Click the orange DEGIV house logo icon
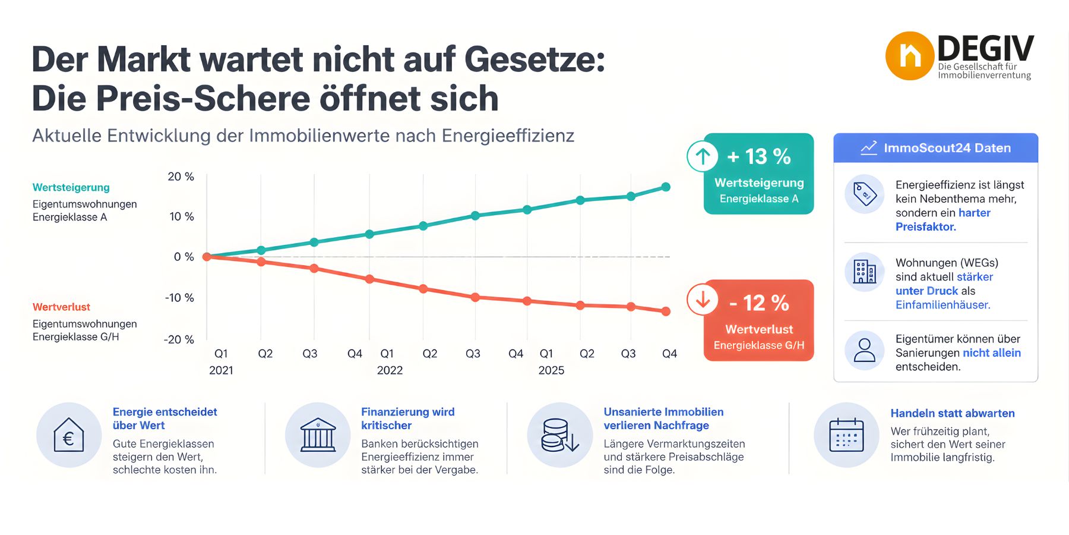pos(909,56)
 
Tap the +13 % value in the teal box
pos(758,157)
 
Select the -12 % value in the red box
pos(758,303)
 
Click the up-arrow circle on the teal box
pos(703,156)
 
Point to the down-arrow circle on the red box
pos(703,300)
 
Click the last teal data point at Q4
pos(666,187)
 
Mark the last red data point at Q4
pos(666,311)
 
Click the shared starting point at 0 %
pos(207,257)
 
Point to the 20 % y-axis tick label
pos(181,177)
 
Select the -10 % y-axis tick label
pos(179,297)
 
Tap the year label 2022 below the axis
pos(390,370)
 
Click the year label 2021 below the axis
pos(221,370)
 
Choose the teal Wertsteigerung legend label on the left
pos(71,187)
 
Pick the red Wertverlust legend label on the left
pos(61,307)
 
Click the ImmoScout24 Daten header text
pos(947,148)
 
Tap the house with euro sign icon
pos(69,435)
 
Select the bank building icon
pos(318,435)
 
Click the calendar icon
pos(846,435)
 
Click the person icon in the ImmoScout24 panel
pos(864,350)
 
